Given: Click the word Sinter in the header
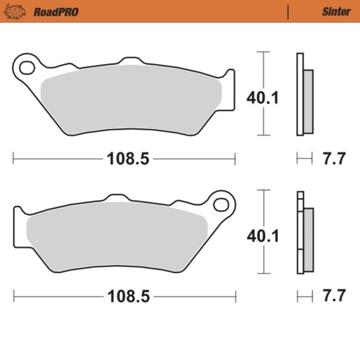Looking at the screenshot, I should click(x=333, y=12).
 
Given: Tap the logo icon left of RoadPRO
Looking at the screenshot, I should click(x=18, y=12).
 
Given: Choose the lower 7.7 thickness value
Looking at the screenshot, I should click(x=330, y=294).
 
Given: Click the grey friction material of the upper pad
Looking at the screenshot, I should click(x=130, y=94).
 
